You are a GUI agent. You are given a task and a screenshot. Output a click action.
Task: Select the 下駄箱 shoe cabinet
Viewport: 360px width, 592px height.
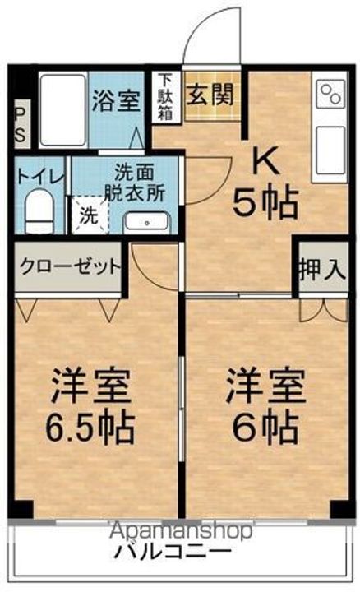165,98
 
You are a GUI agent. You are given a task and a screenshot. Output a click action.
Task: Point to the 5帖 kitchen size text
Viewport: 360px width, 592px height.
265,202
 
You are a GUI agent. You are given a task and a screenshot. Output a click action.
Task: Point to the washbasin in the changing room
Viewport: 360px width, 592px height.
148,221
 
